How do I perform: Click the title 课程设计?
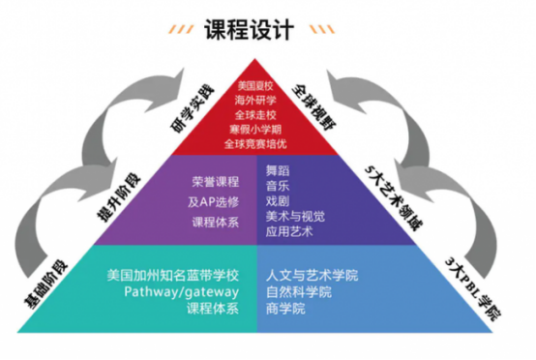coord(249,30)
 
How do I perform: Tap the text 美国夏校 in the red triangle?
coord(255,85)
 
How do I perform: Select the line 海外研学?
coord(255,101)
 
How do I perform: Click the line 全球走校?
coord(255,115)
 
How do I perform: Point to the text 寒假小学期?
coord(255,130)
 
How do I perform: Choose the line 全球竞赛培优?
coord(255,144)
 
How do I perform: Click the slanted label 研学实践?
coord(193,109)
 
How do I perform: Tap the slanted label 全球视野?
coord(314,107)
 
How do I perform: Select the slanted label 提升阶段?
coord(119,198)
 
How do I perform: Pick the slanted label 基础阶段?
coord(46,285)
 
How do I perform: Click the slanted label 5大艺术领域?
coord(393,198)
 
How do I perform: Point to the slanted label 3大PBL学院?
coord(473,289)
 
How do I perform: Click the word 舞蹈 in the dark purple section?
coord(278,170)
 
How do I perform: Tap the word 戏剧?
coord(278,201)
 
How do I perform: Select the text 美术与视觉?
coord(295,217)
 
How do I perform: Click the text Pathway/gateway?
coord(181,292)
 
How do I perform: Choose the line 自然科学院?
coord(299,292)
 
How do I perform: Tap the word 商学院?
coord(285,309)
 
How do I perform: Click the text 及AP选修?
coord(213,202)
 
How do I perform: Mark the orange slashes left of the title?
coord(181,29)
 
